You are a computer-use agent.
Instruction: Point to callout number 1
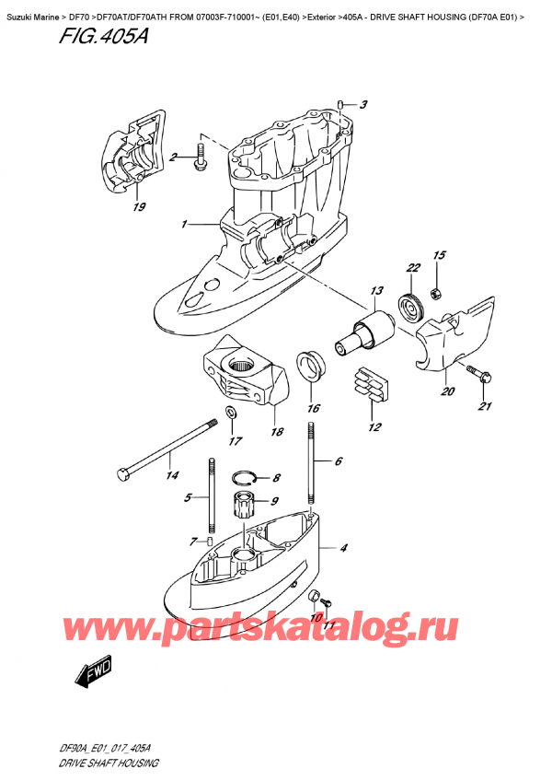click(185, 224)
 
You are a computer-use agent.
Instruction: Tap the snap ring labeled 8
click(243, 477)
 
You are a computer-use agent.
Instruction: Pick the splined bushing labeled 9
click(247, 507)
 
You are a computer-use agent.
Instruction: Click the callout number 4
click(343, 550)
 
